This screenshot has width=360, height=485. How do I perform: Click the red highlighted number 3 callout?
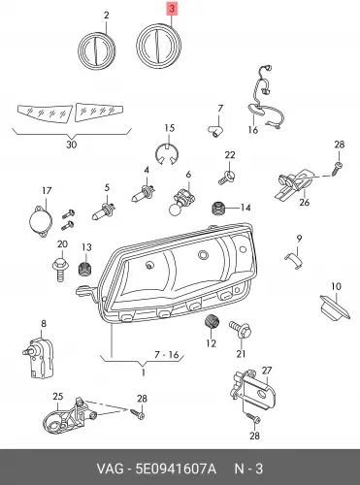(172, 9)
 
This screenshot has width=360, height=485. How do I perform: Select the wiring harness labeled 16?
(265, 97)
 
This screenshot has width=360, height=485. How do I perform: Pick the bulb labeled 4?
(144, 192)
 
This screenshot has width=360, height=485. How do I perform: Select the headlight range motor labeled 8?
(38, 357)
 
